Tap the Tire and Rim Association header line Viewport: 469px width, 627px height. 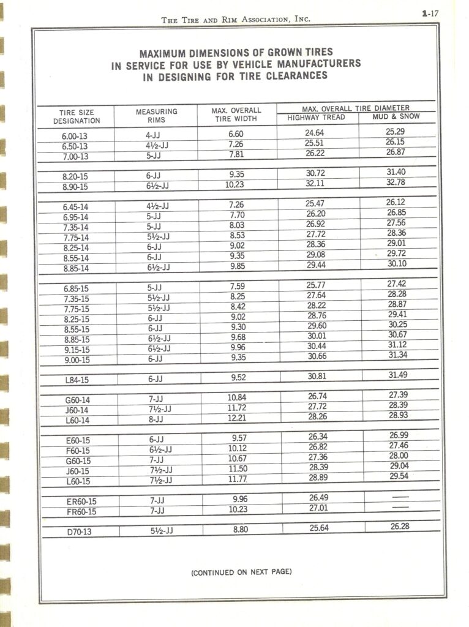[x=236, y=20]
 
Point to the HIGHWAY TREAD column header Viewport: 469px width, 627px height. [x=316, y=117]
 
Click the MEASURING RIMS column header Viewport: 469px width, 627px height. [x=157, y=116]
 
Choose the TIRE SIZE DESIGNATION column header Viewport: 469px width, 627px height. [x=77, y=117]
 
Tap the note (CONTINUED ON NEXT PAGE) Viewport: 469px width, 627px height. [x=241, y=573]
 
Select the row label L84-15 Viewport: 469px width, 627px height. [x=77, y=380]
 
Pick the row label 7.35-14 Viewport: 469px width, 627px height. [x=75, y=228]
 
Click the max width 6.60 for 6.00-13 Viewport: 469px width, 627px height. [x=236, y=134]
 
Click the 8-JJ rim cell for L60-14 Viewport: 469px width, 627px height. [x=156, y=419]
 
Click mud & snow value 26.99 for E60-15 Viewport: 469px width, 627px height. [x=399, y=435]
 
